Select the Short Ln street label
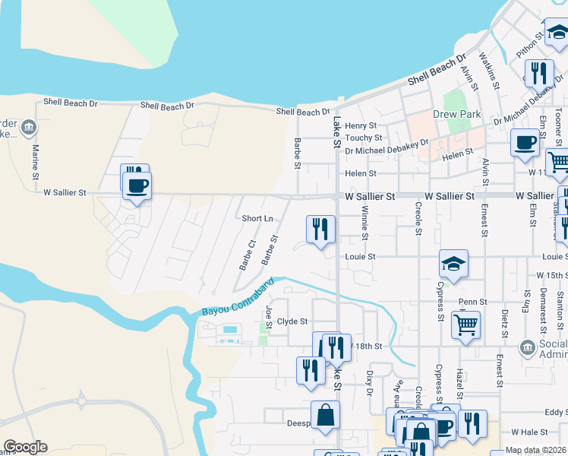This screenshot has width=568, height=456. (257, 218)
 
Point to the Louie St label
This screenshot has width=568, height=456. (361, 257)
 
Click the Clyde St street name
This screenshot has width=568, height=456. (292, 321)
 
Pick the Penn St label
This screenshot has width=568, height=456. (472, 302)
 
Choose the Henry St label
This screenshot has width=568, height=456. (361, 125)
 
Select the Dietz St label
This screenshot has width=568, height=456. (504, 322)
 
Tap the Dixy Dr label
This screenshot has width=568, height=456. (370, 383)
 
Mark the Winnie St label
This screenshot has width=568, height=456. (364, 222)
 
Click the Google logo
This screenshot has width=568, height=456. (25, 447)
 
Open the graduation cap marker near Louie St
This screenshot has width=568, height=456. (453, 264)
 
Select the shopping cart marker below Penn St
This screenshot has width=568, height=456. (465, 325)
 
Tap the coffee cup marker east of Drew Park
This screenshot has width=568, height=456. (524, 142)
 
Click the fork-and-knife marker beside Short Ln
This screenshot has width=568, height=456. (320, 227)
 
